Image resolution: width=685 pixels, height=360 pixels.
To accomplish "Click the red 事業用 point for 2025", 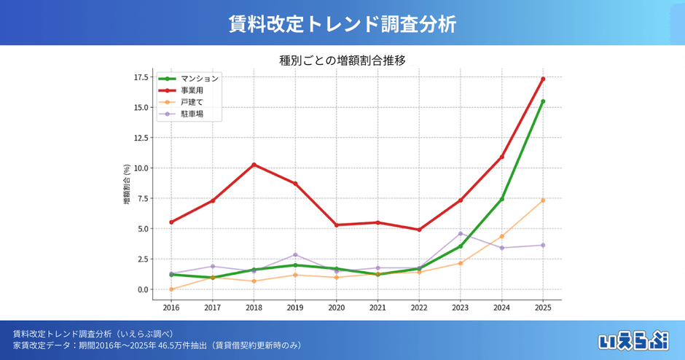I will [543, 79].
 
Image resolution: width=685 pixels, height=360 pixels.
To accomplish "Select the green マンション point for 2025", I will [543, 101].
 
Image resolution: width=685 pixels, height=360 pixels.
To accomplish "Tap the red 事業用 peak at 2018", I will [254, 165].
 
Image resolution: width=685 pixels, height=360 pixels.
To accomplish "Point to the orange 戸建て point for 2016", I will [171, 289].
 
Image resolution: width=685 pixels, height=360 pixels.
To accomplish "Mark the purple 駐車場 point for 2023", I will [461, 233].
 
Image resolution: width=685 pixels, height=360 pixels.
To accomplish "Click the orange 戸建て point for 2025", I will [543, 200].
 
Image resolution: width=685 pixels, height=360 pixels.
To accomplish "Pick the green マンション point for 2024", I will [501, 199].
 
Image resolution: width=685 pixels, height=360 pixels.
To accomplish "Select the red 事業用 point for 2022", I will [419, 230].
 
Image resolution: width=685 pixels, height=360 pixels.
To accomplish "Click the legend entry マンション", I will [199, 78].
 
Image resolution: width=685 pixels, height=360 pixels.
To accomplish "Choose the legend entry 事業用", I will [193, 90].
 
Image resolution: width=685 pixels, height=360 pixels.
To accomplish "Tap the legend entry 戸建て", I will [193, 103].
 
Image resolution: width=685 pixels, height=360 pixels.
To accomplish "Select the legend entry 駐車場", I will [193, 114].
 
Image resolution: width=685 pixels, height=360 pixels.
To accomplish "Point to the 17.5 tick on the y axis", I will [141, 77].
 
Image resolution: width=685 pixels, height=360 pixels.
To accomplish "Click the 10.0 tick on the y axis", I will [141, 168].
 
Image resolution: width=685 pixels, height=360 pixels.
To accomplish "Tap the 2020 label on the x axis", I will [337, 308].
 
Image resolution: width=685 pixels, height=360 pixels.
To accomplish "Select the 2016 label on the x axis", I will [171, 308].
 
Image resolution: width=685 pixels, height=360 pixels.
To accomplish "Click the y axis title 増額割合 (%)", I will [127, 184].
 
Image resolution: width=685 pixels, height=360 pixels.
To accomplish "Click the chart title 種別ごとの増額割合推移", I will [342, 60].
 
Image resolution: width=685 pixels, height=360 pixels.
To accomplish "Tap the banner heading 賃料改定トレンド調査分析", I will [342, 23].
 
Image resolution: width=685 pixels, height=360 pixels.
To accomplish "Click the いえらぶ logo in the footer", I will [633, 340].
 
